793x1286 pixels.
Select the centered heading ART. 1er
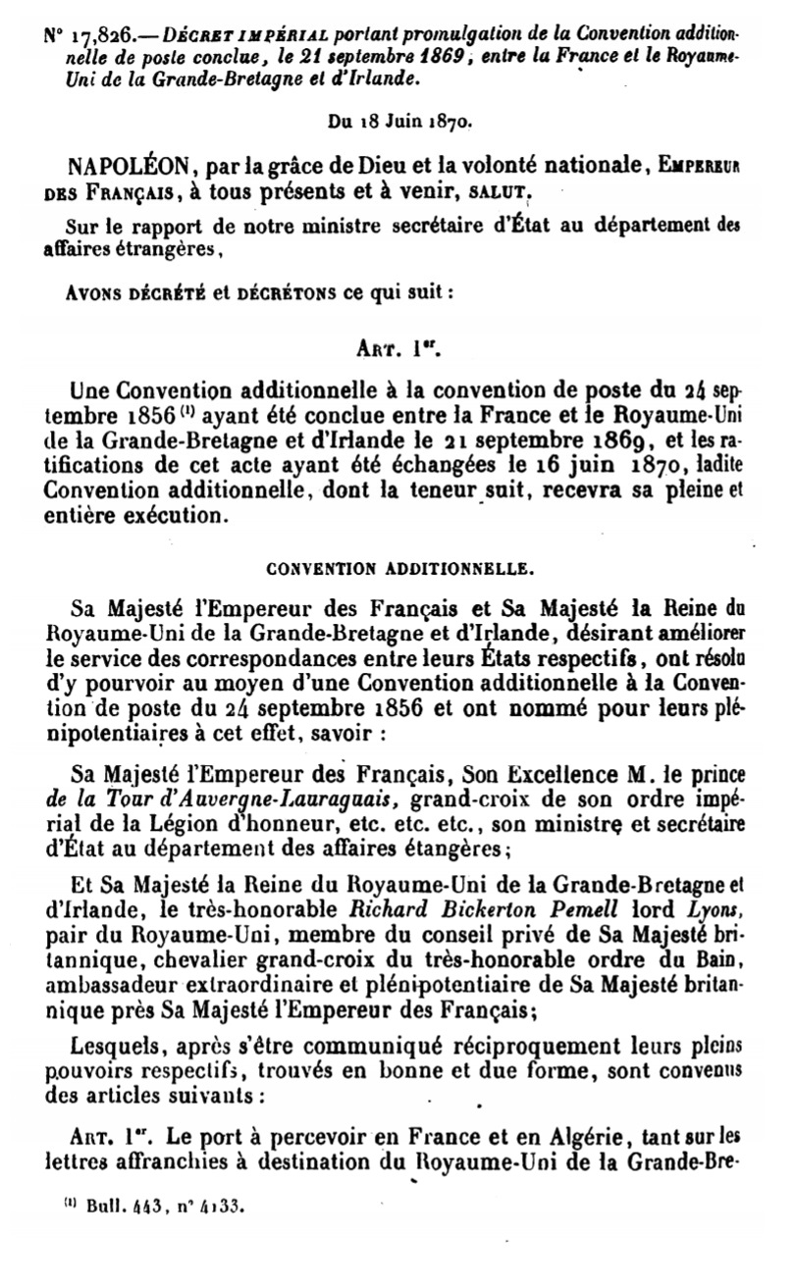[x=396, y=346]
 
